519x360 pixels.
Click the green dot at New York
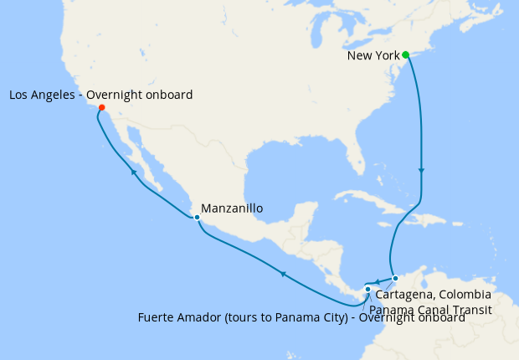point(405,55)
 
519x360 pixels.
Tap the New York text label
point(373,56)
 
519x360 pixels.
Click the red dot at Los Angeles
point(101,107)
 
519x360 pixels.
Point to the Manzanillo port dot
point(196,218)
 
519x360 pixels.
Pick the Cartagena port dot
point(395,278)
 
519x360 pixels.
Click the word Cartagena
point(403,295)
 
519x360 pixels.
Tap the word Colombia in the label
point(462,295)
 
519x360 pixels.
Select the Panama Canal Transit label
point(429,309)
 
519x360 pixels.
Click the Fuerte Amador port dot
point(367,289)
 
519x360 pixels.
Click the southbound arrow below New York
point(421,171)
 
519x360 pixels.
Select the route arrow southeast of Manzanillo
point(283,273)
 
